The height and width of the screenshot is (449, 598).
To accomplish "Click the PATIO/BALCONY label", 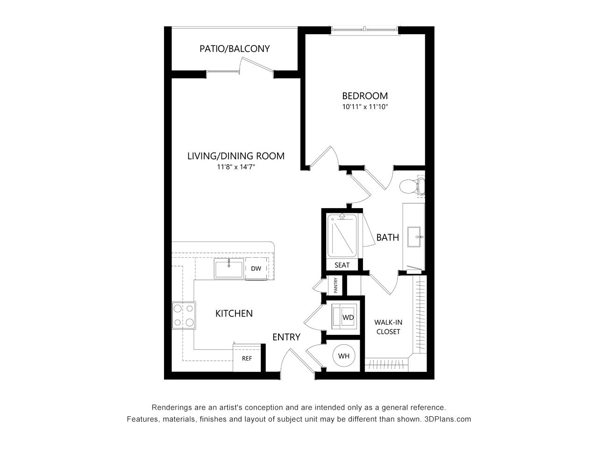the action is [x=235, y=49].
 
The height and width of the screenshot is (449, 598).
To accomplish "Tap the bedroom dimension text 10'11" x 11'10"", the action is [x=365, y=107].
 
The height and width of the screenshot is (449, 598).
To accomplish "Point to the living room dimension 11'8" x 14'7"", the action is [x=235, y=167].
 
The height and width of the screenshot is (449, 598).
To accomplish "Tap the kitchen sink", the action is [x=229, y=268].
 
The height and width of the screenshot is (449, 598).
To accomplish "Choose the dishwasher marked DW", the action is [x=256, y=268].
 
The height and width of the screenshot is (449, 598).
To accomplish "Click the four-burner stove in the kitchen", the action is [x=184, y=315].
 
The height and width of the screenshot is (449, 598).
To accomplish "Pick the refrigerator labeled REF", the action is [x=247, y=358].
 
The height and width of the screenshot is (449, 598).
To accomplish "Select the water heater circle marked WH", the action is [x=344, y=355].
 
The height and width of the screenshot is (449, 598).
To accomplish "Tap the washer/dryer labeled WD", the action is [x=344, y=317].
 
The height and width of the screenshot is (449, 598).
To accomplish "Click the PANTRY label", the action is [x=335, y=285].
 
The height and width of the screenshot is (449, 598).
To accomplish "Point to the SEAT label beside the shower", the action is [x=342, y=265].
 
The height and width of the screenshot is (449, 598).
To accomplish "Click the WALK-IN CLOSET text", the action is [x=388, y=327].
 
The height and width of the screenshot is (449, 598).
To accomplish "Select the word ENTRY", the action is [x=286, y=337].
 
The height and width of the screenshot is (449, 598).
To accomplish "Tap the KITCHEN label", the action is [x=234, y=313].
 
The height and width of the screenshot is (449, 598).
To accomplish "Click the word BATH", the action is [x=387, y=238].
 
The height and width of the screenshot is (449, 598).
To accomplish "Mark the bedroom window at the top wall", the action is [x=365, y=30].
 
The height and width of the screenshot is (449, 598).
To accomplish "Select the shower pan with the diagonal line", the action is [x=342, y=236].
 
